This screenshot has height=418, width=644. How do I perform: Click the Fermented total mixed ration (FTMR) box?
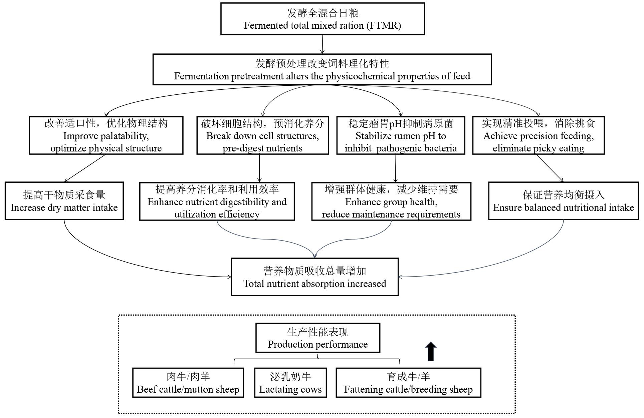[x=323, y=19]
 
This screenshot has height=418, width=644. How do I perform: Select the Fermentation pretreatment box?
[x=322, y=69]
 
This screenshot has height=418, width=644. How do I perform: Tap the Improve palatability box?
[x=106, y=135]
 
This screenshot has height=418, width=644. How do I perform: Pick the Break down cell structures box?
[x=263, y=135]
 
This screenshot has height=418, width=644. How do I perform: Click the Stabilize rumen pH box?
[x=401, y=135]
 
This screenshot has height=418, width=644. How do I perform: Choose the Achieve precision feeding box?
[x=539, y=135]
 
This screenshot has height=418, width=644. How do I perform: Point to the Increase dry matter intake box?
[x=64, y=201]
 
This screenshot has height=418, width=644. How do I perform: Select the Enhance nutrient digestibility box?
[x=217, y=201]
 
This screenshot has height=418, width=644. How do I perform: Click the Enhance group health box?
[x=391, y=201]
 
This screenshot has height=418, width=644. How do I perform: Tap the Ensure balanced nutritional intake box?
[x=564, y=201]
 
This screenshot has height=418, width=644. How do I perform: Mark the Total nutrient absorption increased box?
[x=315, y=277]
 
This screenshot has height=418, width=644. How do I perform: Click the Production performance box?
[x=318, y=338]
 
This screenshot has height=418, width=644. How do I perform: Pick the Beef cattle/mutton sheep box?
[x=188, y=383]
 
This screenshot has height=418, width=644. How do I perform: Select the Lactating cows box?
[x=290, y=383]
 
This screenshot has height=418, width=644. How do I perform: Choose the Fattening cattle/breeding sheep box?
[x=408, y=383]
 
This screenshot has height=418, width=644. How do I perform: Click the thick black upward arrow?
[x=431, y=352]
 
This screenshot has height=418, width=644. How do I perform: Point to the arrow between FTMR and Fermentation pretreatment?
[x=323, y=44]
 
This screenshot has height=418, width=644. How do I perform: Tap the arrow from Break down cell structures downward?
[x=259, y=168]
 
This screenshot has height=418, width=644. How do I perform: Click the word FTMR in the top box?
[x=383, y=26]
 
